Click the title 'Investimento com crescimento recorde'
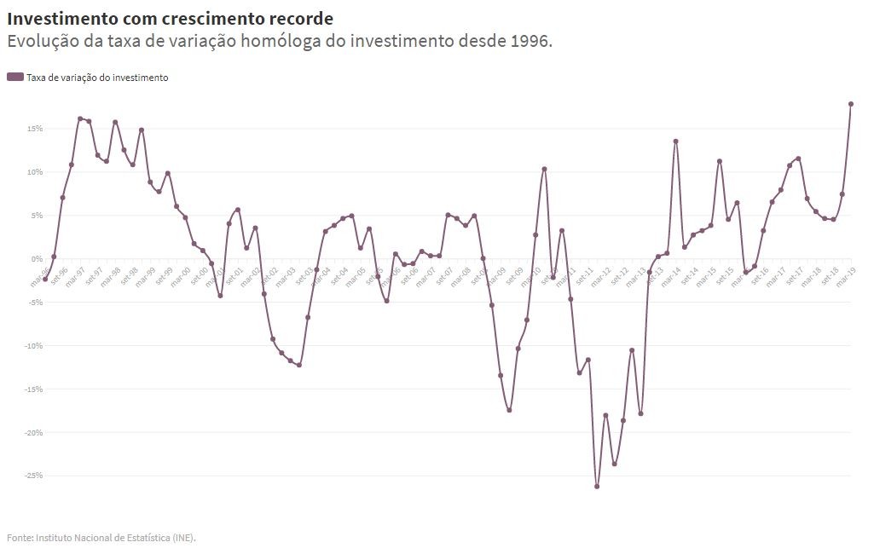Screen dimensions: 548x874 (x=170, y=18)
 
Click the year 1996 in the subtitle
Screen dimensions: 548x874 (x=528, y=41)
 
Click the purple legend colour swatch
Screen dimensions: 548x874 (x=15, y=78)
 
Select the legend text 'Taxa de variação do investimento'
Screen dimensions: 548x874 (x=97, y=78)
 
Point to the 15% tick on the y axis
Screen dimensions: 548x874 (x=34, y=129)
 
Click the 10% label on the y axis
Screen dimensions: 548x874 (x=34, y=172)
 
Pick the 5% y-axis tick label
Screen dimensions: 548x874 (x=36, y=216)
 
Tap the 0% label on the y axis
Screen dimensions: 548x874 (x=36, y=259)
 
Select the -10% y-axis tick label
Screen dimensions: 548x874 (x=32, y=346)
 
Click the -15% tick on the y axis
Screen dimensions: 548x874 (x=32, y=389)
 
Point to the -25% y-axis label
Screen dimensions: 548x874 (x=32, y=476)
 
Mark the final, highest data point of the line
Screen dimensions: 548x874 (x=851, y=104)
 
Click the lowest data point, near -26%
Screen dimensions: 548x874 (x=597, y=487)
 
